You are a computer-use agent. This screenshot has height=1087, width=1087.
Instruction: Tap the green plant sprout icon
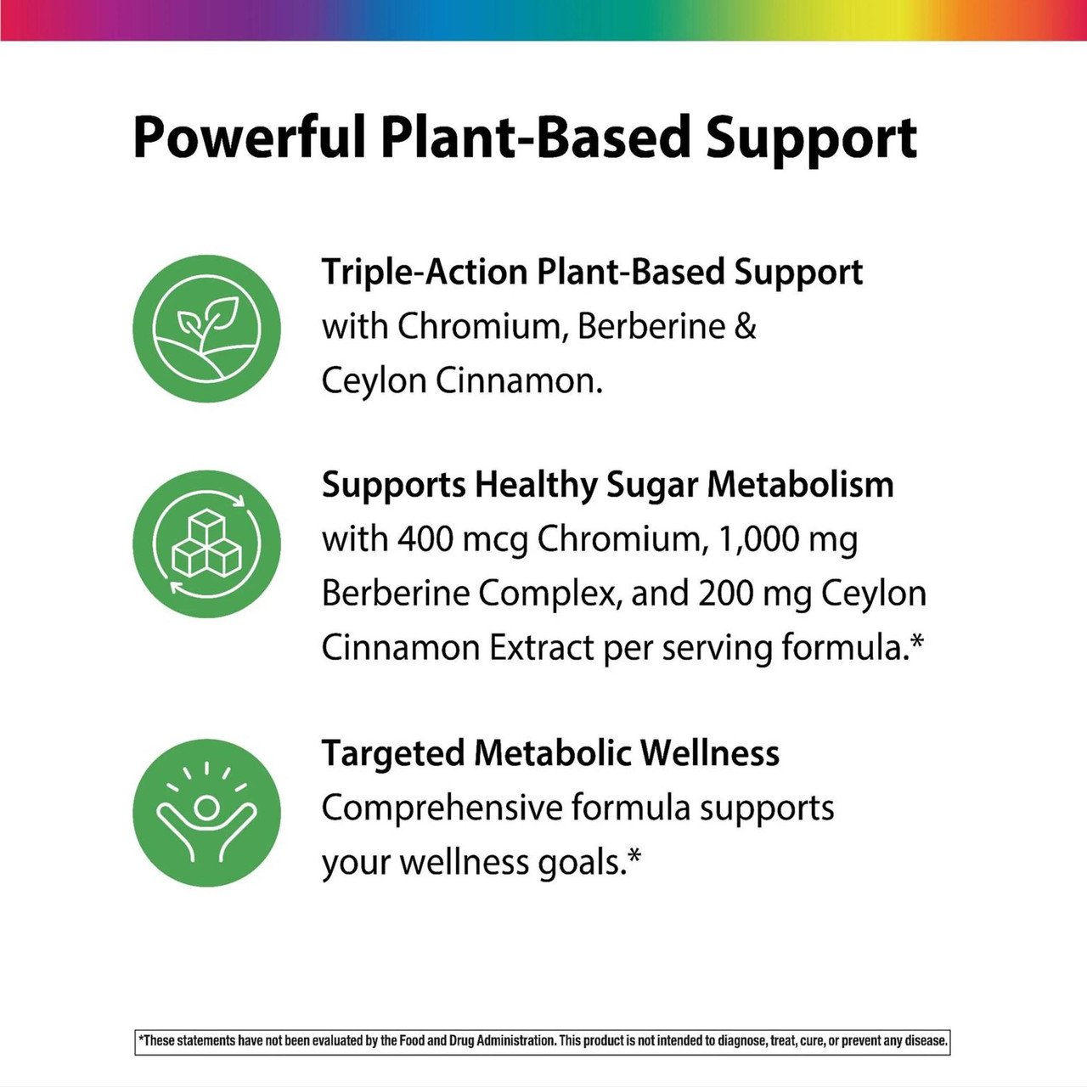pos(206,329)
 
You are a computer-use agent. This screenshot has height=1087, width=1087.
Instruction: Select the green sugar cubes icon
pos(206,543)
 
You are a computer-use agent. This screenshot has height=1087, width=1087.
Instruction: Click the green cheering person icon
pos(206,813)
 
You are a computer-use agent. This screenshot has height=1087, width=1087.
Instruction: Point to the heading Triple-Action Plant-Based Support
pos(592,273)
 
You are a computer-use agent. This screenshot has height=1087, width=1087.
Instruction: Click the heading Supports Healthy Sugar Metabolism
pos(607,485)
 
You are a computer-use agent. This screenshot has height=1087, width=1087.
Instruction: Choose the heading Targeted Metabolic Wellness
pos(550,753)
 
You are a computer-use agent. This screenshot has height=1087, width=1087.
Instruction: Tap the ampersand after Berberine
pos(745,327)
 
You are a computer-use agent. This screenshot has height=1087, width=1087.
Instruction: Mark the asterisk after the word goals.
pos(634,860)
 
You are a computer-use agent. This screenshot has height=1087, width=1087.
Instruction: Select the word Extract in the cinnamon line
pos(542,648)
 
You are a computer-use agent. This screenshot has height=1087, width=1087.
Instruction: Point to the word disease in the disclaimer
pos(925,1040)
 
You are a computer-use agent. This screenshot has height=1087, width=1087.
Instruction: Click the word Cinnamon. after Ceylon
pos(519,381)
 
